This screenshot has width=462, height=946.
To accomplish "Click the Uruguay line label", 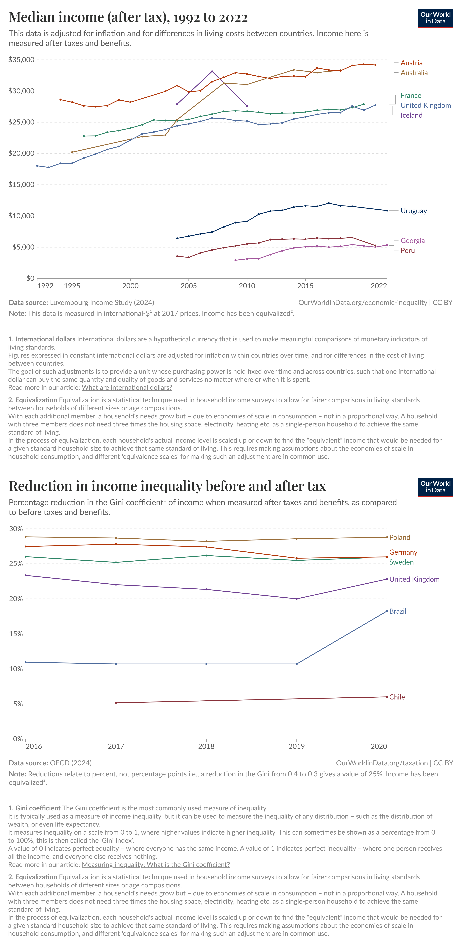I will point(413,211).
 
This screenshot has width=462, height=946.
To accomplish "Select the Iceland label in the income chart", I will point(411,115).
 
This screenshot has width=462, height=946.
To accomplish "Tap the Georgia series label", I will point(412,241).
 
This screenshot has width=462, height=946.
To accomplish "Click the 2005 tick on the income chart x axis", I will point(188,286).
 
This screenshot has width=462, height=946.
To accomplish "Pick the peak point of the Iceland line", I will point(212,71).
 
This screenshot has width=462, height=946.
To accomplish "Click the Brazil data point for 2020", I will point(387,611).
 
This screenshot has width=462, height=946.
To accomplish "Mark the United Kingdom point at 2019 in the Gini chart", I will point(297,599).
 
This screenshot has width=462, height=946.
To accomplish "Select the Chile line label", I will point(397,697).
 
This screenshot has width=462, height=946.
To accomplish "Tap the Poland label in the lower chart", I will point(400,537).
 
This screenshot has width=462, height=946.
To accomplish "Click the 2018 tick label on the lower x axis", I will point(206,746).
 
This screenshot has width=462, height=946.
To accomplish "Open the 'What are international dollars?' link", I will point(127,387).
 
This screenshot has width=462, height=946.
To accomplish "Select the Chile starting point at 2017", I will point(116,703).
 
